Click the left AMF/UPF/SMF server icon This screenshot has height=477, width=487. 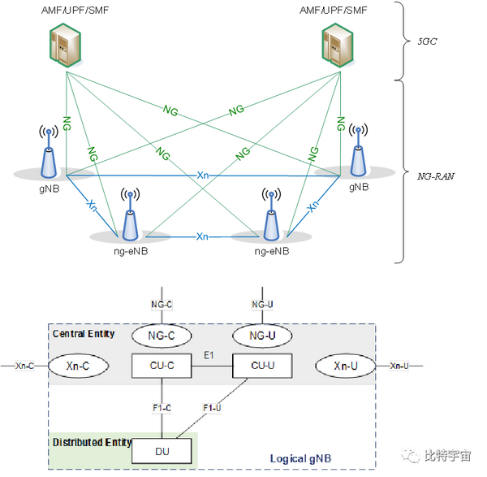coord(66,45)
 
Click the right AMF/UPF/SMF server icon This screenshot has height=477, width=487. coord(338,45)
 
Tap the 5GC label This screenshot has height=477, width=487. coord(427,41)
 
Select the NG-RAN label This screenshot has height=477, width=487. coord(435,176)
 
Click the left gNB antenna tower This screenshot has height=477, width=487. coord(49,153)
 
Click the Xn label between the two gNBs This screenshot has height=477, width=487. coord(202,176)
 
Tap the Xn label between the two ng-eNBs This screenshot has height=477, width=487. coord(202,236)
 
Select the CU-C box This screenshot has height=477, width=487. coord(162,366)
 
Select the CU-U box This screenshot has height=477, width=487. coord(262,366)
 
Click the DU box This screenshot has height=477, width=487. coord(162,451)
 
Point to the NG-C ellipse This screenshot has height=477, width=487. coord(162,336)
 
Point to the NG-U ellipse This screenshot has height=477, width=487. coord(262,336)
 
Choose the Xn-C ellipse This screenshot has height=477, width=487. coord(78,366)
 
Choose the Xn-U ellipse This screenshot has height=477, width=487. coord(346,366)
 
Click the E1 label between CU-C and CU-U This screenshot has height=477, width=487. coord(209,355)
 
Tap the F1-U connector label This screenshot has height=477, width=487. coord(212,408)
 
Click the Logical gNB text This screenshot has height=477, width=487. coord(300,458)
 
